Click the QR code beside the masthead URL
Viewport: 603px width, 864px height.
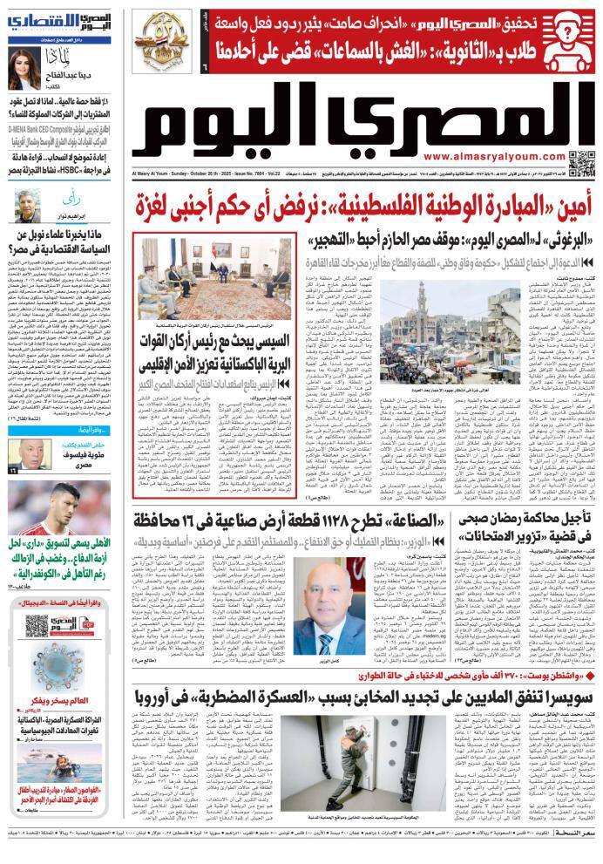(579, 162)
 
